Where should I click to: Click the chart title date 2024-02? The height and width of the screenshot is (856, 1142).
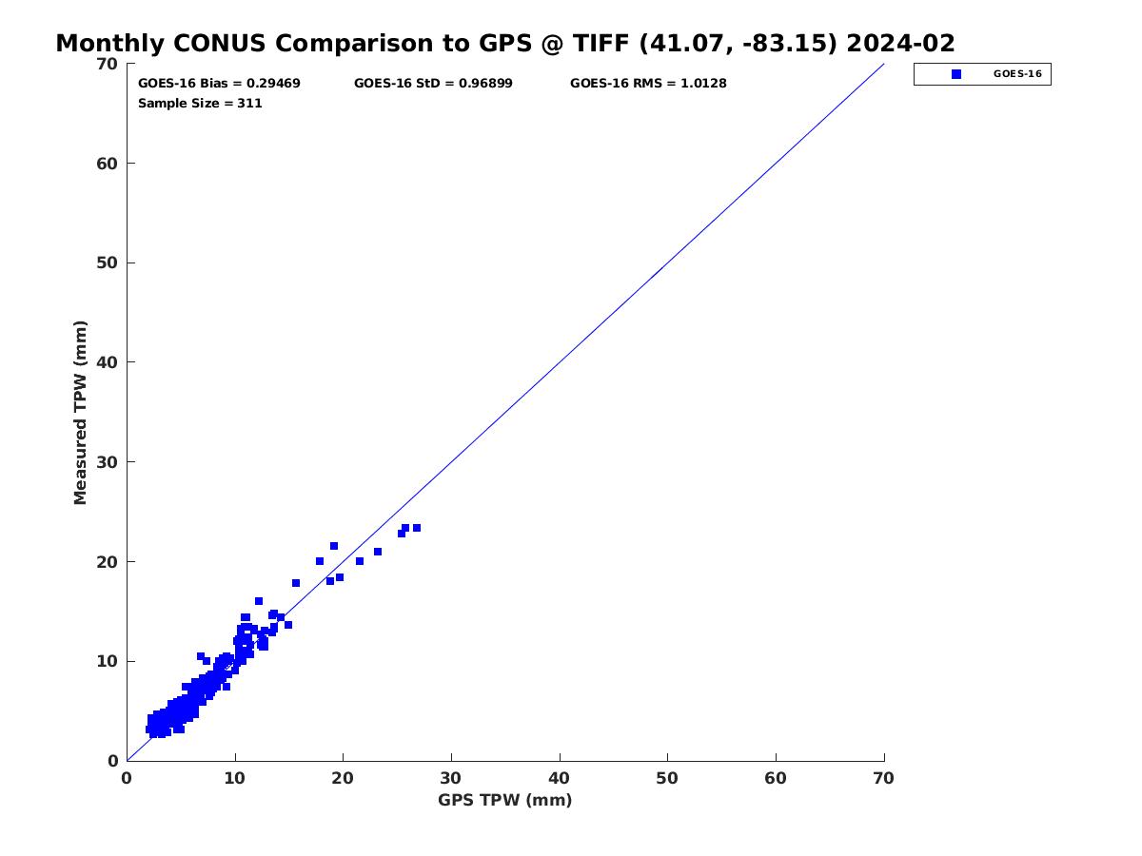pos(900,43)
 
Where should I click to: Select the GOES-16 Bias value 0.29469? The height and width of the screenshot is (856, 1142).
pos(273,83)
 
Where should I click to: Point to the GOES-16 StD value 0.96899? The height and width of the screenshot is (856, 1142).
pos(485,83)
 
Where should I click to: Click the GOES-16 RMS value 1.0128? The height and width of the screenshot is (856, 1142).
pos(703,83)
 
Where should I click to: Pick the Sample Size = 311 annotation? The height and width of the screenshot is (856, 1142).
pos(200,104)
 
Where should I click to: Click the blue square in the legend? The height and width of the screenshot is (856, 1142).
pos(956,74)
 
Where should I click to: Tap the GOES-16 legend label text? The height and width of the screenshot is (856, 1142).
pos(1017,74)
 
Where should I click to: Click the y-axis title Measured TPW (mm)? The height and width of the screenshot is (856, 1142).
pos(80,412)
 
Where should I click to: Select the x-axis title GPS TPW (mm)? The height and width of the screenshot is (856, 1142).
pos(504,800)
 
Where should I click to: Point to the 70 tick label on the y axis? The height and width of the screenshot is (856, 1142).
pos(108,64)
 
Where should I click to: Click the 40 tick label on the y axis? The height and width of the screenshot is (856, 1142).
pos(108,362)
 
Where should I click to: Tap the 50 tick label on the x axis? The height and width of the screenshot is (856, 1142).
pos(667,778)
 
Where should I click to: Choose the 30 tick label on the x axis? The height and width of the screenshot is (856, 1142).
pos(450,778)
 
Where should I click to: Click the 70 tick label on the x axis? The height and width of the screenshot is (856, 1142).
pos(883,778)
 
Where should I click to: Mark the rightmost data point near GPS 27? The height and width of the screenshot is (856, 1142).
pos(417,528)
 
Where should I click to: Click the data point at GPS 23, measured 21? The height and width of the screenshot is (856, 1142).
pos(378,552)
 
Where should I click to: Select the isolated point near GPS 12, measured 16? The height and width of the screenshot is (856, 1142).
pos(259,601)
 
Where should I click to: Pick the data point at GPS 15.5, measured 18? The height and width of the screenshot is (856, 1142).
pos(296,583)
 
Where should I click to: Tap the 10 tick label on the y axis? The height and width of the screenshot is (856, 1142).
pos(108,661)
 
